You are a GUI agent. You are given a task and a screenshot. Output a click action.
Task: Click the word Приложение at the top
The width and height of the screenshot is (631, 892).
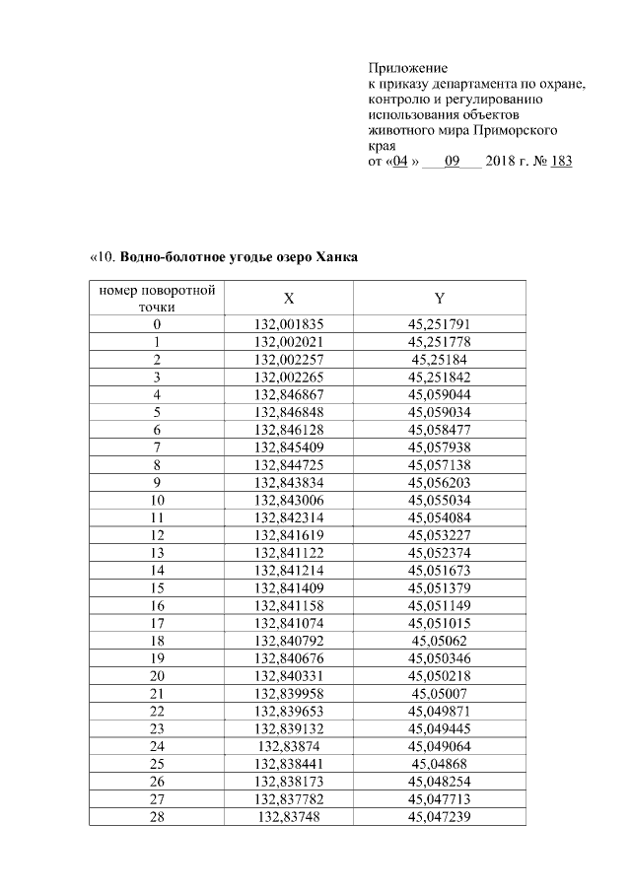pyautogui.click(x=407, y=69)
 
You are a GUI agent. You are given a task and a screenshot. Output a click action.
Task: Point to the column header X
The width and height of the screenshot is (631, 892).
pyautogui.click(x=289, y=299)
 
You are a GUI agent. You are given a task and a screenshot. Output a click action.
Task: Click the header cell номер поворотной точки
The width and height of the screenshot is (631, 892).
pyautogui.click(x=157, y=299)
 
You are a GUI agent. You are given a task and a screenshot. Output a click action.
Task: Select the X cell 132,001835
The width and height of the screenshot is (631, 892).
pyautogui.click(x=289, y=324)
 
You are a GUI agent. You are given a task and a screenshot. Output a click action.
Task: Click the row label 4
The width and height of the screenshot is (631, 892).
pyautogui.click(x=157, y=395)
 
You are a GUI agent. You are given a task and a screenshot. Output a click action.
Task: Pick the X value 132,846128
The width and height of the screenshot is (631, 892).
pyautogui.click(x=289, y=431)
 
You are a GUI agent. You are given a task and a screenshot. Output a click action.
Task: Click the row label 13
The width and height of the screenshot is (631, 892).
pyautogui.click(x=157, y=555)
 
